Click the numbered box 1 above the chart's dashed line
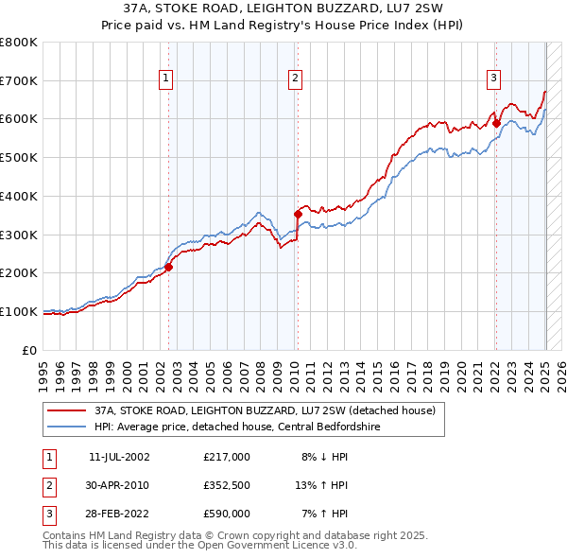tap(166, 78)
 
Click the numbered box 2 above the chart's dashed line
tap(296, 78)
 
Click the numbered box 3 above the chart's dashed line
tap(493, 78)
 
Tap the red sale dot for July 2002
tap(169, 267)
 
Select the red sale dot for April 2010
tap(298, 215)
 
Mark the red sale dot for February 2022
tap(496, 123)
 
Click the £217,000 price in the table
tap(227, 457)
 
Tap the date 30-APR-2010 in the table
tap(118, 485)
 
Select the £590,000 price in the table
tap(227, 514)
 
